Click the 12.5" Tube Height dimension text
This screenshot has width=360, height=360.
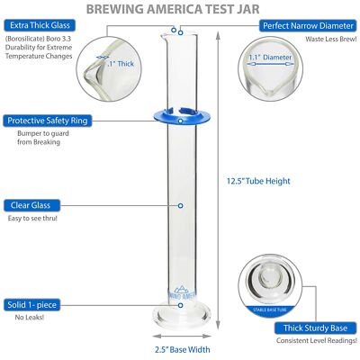point(258,180)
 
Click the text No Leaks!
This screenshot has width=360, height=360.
point(24,317)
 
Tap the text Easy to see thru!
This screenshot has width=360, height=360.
point(34,219)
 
